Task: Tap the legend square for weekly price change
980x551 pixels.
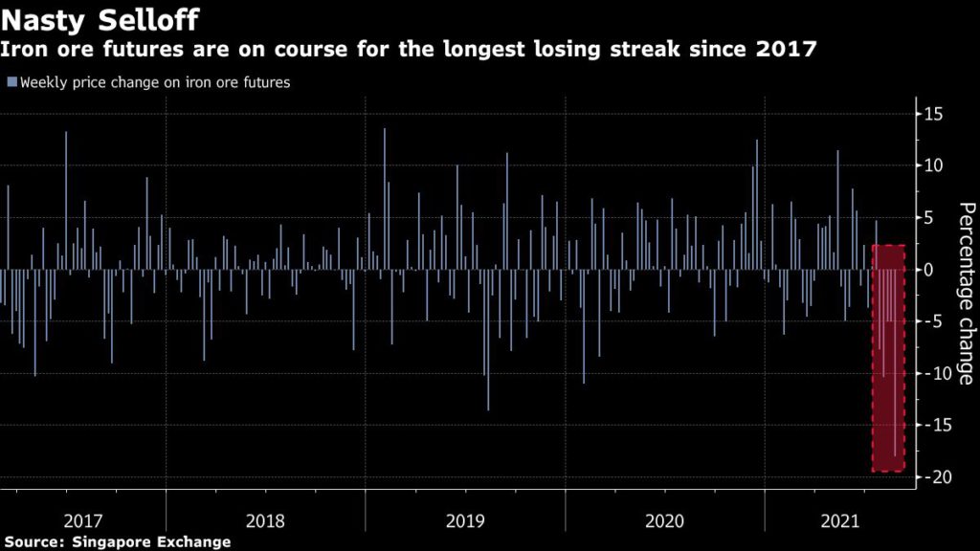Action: (x=11, y=82)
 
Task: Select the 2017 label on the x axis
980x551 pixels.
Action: (x=83, y=521)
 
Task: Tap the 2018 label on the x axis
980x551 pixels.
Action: (x=265, y=521)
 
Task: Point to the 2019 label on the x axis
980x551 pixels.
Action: (x=465, y=521)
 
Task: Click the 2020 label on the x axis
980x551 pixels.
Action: (x=664, y=521)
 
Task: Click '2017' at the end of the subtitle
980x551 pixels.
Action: (x=784, y=49)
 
